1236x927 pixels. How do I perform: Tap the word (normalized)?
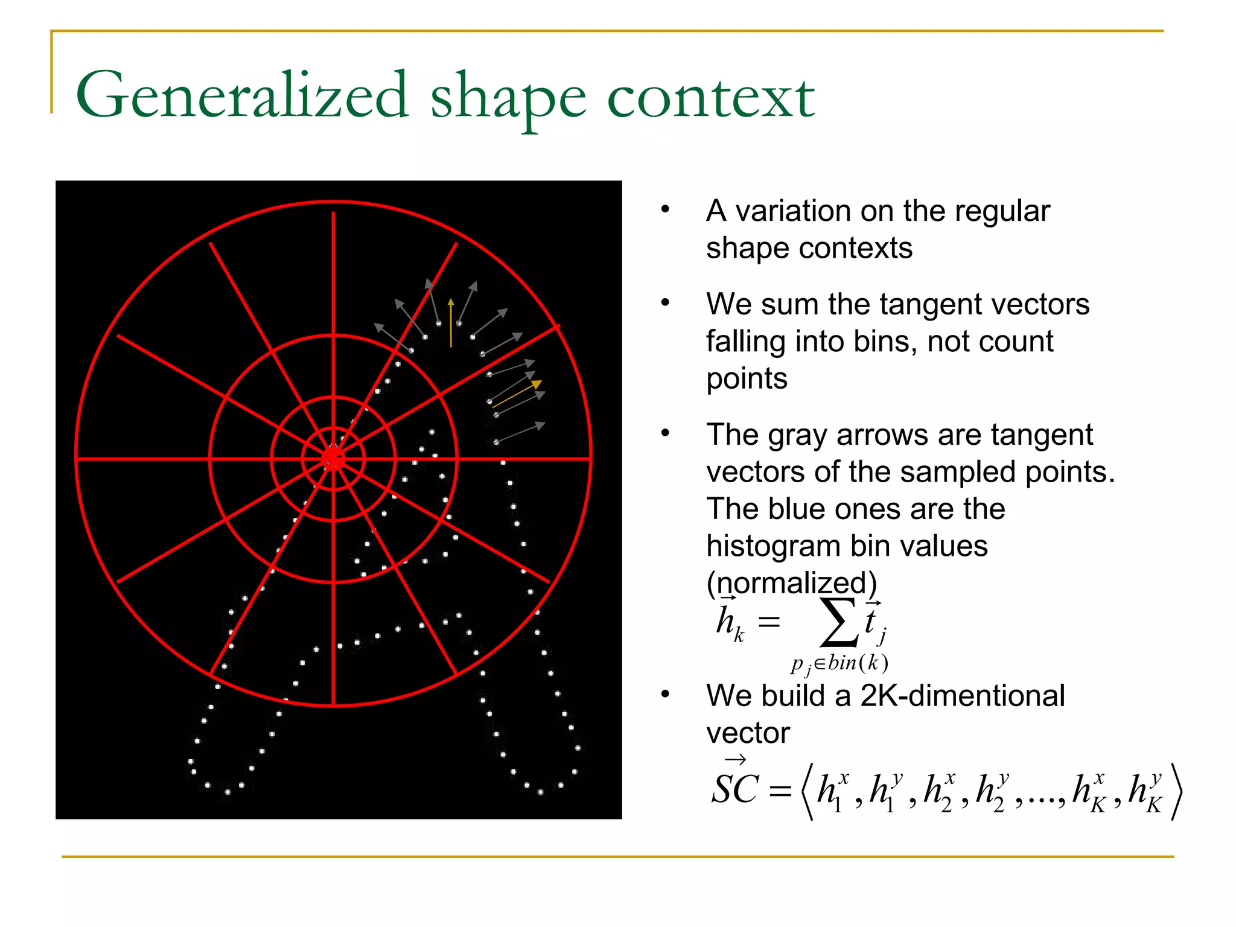(x=791, y=583)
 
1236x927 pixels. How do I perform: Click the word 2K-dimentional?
(x=962, y=696)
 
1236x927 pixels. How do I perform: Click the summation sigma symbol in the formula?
(x=838, y=622)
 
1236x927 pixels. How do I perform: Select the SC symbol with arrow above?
(x=734, y=786)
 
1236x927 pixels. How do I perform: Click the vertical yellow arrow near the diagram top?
(x=451, y=323)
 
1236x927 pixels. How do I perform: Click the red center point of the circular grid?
(x=333, y=459)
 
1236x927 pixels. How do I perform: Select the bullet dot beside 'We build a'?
(x=665, y=695)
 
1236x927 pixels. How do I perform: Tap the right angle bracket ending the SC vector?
(x=1176, y=791)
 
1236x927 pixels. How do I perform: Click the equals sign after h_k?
(x=769, y=622)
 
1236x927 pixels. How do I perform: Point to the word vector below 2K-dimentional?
(x=748, y=733)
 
